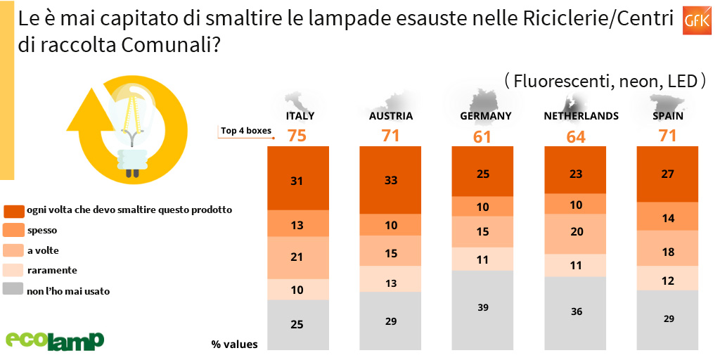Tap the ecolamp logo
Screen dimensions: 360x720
tap(55, 339)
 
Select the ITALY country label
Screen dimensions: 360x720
tap(300, 116)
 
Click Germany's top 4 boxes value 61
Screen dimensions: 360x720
tap(482, 136)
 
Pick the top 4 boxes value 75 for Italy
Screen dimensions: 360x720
tap(297, 136)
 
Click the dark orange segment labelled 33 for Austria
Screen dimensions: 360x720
tap(390, 180)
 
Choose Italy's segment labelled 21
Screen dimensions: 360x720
tap(297, 257)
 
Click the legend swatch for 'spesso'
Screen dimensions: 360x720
tap(14, 230)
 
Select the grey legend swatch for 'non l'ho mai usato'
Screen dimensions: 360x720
tap(14, 289)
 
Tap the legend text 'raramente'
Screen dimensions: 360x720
tap(52, 269)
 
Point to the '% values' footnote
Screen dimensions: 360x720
tap(234, 344)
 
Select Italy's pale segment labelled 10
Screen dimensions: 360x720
tap(297, 290)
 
